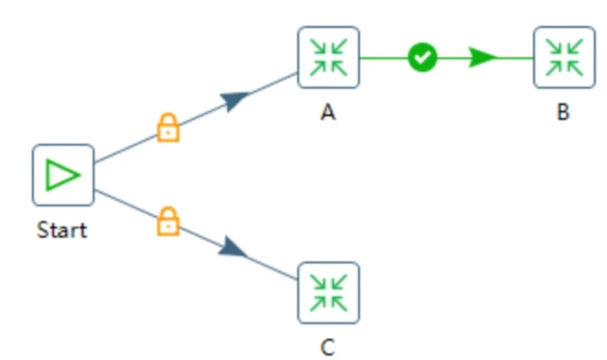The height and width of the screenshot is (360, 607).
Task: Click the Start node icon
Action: point(63,175)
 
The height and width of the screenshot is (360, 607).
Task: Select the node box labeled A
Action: point(328,58)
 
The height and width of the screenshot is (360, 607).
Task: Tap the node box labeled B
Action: point(563,58)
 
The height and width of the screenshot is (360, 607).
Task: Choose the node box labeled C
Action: point(328,293)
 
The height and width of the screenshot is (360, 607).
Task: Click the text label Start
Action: point(62,230)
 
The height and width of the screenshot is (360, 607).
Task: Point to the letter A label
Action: point(328,113)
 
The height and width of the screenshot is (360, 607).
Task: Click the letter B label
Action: point(563,113)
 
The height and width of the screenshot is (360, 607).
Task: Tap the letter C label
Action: point(328,348)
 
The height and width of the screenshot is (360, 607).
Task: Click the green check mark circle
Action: point(422,58)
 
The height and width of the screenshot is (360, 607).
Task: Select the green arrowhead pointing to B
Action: point(482,58)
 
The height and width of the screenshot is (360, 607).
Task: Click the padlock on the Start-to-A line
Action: point(168,128)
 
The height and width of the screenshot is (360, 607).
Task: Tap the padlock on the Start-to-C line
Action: point(168,221)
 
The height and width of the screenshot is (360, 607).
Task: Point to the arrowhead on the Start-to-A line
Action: point(234,100)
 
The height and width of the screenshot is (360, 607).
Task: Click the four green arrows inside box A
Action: point(328,58)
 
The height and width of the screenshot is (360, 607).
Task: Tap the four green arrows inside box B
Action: point(563,58)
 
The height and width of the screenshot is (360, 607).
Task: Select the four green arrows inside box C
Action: point(328,293)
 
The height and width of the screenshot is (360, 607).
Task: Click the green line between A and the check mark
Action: point(384,58)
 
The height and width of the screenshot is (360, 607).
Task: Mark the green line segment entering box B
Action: point(516,58)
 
